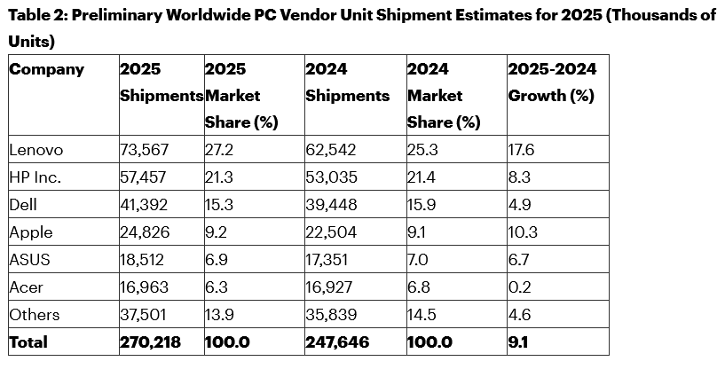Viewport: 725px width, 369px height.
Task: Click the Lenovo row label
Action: click(x=36, y=150)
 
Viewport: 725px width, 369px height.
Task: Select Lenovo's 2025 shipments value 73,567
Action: click(x=144, y=150)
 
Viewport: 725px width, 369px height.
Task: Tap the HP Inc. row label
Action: click(x=35, y=177)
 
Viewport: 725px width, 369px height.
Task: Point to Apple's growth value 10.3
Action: click(x=523, y=232)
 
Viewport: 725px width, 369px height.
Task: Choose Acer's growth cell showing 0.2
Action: click(x=519, y=287)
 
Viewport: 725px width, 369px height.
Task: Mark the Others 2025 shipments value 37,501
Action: click(x=144, y=315)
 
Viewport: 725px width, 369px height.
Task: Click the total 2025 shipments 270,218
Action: click(x=148, y=342)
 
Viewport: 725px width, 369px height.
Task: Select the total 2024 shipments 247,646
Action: click(x=338, y=342)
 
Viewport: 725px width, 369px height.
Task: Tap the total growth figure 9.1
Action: click(x=518, y=342)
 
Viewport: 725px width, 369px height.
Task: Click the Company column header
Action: click(x=47, y=69)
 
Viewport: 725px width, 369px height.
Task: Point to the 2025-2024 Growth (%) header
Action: click(x=552, y=82)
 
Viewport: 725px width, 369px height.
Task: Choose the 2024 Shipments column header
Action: click(x=347, y=82)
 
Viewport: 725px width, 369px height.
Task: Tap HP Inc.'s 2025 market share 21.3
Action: click(x=218, y=177)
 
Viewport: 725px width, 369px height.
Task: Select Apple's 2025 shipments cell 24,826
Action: click(x=145, y=232)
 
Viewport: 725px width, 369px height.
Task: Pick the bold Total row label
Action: click(x=28, y=342)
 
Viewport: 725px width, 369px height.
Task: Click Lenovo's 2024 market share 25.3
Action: click(x=422, y=150)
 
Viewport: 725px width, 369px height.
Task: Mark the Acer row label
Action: click(x=27, y=287)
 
